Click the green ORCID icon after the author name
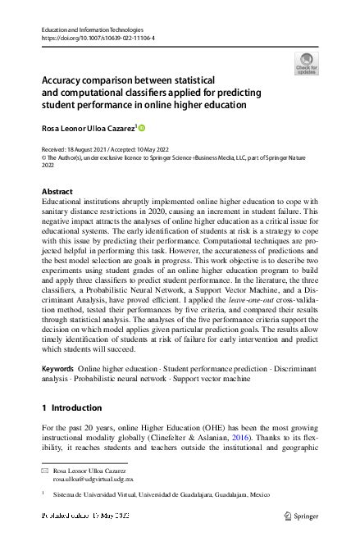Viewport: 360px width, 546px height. click(x=141, y=128)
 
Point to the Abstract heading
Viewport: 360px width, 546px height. click(x=57, y=191)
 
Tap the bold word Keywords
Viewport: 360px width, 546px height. click(x=59, y=370)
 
